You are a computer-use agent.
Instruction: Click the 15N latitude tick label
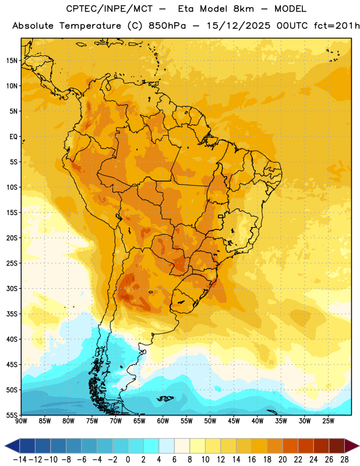coord(12,61)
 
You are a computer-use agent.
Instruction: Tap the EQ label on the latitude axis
coord(13,137)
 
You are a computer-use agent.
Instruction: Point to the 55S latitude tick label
coord(12,415)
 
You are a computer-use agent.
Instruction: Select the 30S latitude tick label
coord(12,288)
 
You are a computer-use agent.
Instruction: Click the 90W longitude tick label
coord(21,421)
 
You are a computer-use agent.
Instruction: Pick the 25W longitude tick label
coord(328,421)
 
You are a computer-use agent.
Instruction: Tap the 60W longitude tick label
coord(163,421)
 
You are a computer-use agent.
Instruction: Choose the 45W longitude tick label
coord(234,421)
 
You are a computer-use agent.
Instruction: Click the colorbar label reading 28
coord(344,460)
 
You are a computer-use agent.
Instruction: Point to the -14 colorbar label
coord(20,460)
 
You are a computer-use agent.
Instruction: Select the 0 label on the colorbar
coord(128,460)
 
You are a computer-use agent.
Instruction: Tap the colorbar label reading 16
coord(252,460)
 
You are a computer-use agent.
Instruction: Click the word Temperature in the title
coord(90,26)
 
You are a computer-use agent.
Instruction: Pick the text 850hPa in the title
coord(167,26)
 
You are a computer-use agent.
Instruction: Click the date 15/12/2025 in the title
coord(238,26)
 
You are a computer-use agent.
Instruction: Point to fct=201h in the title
coord(337,26)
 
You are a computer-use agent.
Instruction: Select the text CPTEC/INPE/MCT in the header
coord(110,9)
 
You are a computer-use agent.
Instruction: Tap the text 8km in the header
coord(243,9)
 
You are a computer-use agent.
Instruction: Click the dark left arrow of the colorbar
coord(12,446)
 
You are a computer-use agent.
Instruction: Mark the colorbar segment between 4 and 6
coord(167,446)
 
